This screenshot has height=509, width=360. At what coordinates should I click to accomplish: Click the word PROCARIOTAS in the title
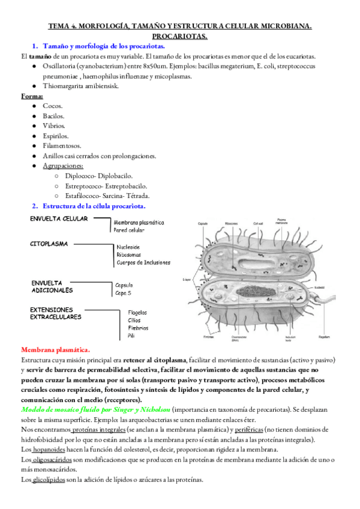(x=181, y=37)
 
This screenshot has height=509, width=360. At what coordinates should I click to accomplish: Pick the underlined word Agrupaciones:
(x=63, y=166)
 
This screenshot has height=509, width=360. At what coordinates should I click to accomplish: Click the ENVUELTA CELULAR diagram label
(x=59, y=218)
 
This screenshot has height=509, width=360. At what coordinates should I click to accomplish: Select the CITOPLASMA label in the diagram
(x=49, y=244)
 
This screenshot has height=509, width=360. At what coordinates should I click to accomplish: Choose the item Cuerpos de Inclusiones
(x=144, y=262)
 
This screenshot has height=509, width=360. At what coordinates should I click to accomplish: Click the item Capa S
(x=124, y=294)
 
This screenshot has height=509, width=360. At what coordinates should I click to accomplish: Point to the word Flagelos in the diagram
(x=140, y=312)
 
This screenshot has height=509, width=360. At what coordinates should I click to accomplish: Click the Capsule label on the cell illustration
(x=203, y=224)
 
